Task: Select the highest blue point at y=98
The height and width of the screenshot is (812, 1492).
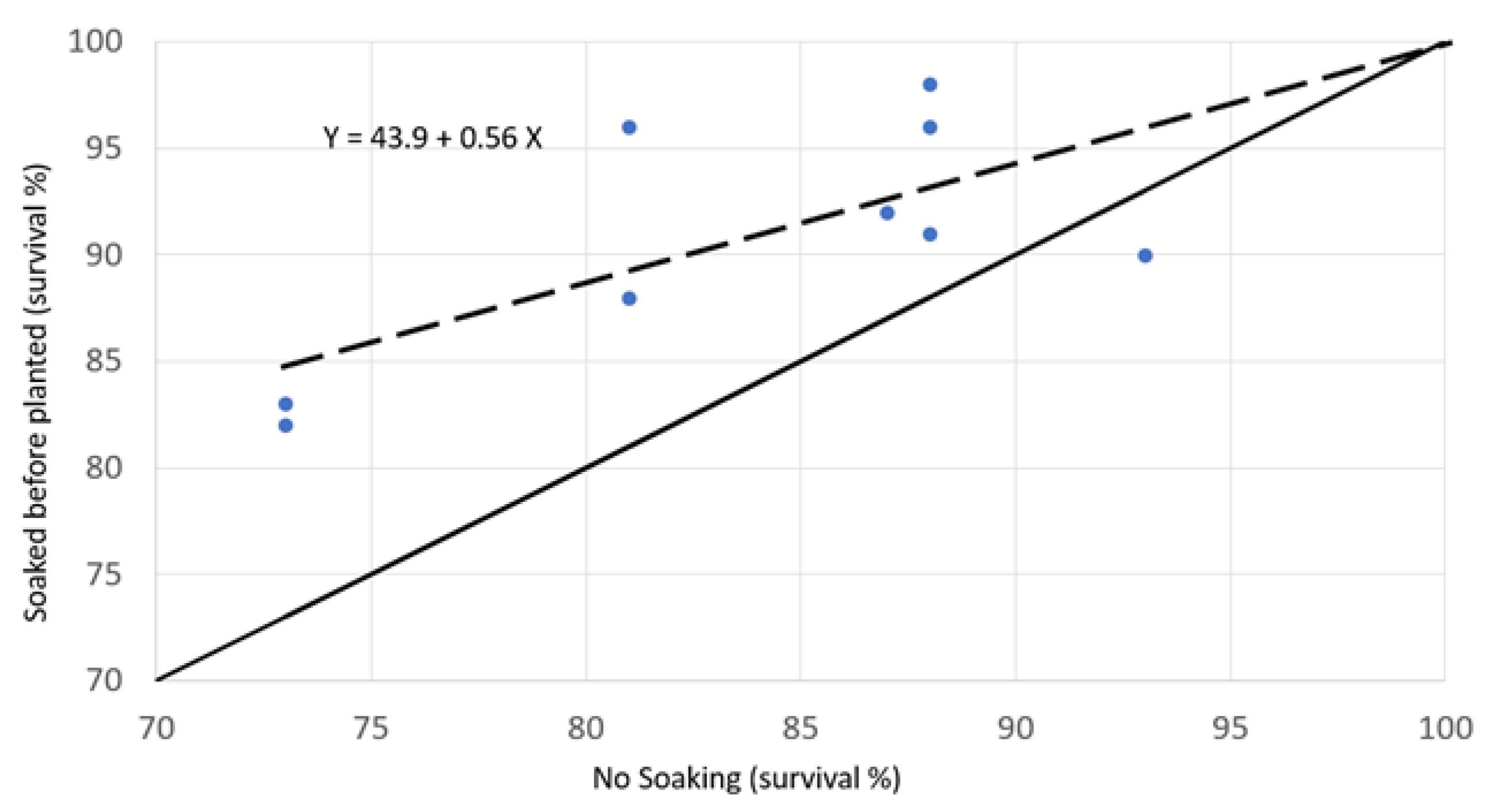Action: tap(930, 85)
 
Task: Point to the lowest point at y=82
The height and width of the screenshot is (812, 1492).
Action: tap(285, 426)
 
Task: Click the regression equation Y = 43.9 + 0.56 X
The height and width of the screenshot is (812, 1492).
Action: tap(433, 138)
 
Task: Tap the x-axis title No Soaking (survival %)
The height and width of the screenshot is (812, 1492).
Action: tap(746, 778)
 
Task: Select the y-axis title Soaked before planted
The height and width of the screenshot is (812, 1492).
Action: tap(36, 394)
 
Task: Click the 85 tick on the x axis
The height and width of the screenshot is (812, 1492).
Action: tap(800, 728)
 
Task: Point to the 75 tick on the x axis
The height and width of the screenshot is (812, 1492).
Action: tap(371, 728)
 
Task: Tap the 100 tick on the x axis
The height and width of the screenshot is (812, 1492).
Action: tap(1444, 728)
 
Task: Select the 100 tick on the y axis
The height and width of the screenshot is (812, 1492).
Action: tap(96, 41)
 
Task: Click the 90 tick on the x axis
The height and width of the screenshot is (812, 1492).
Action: tap(1016, 728)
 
